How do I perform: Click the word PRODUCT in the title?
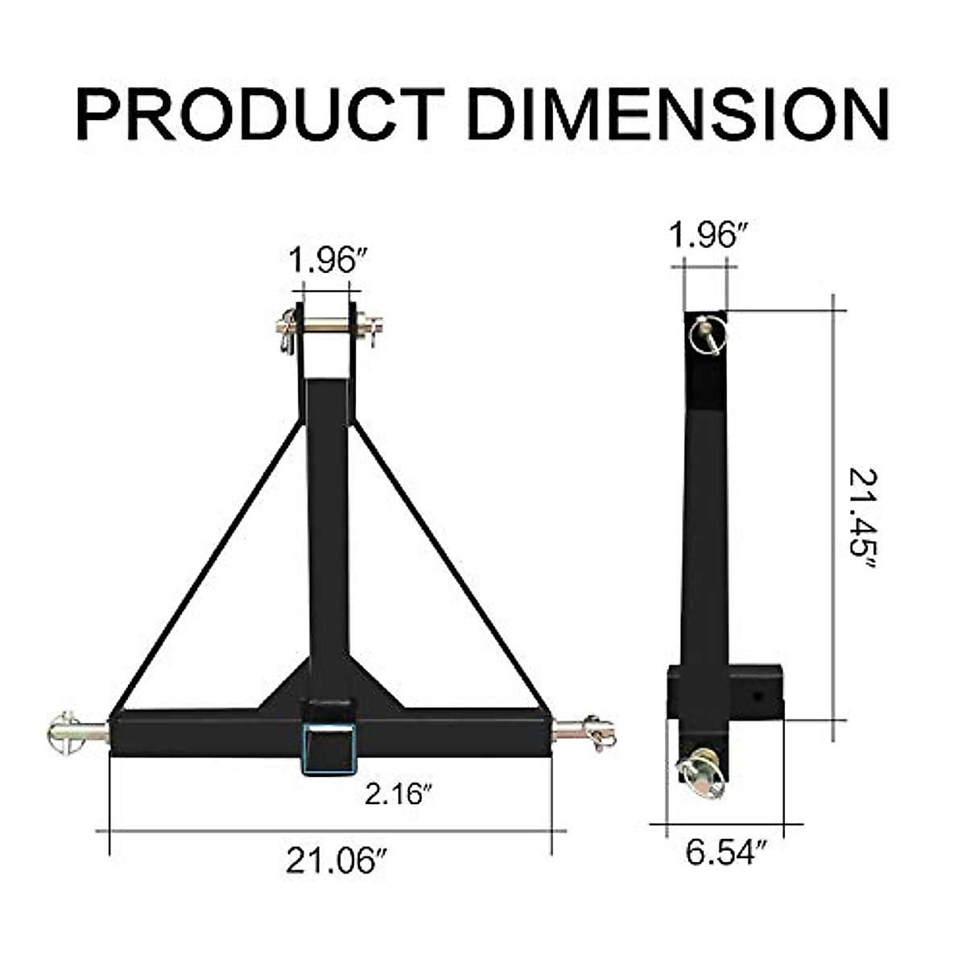(260, 114)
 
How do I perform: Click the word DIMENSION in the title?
(678, 114)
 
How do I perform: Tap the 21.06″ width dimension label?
(332, 861)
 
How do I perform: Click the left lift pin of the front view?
(78, 731)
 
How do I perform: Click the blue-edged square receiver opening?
(328, 749)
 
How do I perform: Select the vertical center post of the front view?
(328, 523)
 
